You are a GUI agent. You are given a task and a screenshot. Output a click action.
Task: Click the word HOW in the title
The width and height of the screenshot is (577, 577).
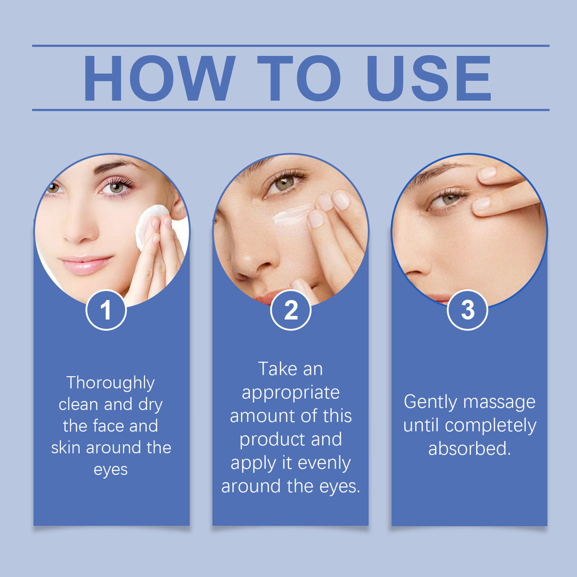point(159,79)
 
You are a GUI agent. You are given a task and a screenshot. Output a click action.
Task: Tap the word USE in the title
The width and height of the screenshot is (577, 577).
point(429,79)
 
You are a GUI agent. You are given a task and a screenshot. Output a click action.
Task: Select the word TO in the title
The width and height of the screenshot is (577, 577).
point(299,79)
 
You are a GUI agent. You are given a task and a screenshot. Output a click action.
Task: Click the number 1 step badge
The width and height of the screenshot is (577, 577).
point(106,310)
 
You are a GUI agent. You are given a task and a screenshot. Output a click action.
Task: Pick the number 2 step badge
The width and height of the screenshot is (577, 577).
point(290,310)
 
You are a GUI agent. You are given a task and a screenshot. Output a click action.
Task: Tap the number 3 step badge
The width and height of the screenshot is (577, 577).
point(468,310)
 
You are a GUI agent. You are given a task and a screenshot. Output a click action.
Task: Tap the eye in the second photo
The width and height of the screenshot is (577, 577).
point(284,183)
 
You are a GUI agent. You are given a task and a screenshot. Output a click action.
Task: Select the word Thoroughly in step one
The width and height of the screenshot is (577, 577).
point(110,383)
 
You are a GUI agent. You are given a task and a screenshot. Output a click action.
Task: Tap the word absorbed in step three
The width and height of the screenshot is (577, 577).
point(469,449)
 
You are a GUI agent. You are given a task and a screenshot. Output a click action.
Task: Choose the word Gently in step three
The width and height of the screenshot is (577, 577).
point(430,403)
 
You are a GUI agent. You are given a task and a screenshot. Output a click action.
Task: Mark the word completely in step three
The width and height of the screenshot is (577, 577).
point(490,426)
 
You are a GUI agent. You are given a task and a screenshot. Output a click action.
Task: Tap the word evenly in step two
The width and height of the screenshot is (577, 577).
point(324,463)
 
